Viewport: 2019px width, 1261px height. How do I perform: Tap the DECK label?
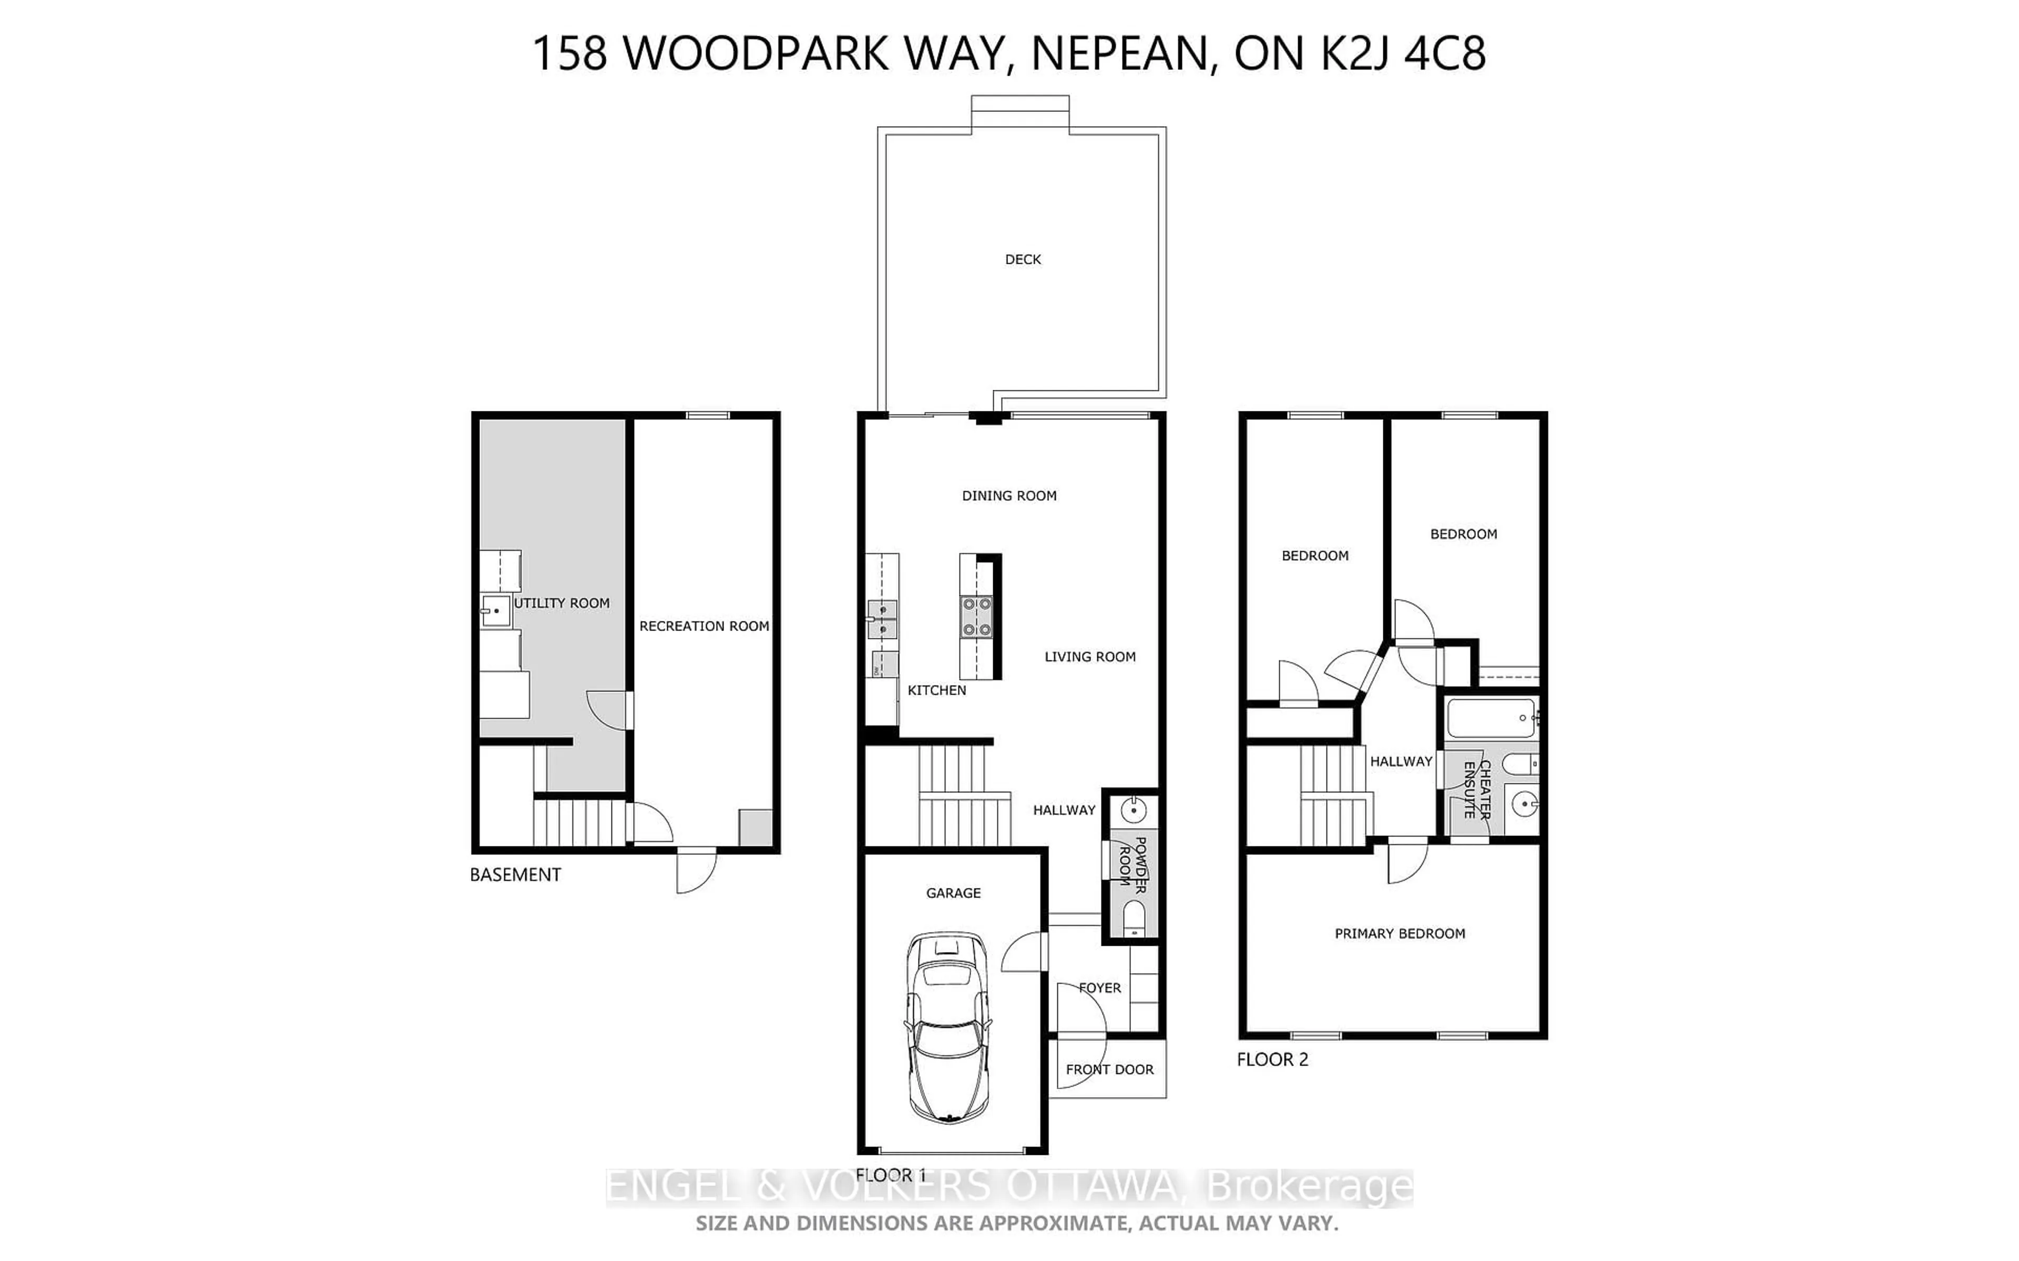coord(1023,260)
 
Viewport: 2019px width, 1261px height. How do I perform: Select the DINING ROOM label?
coord(1008,495)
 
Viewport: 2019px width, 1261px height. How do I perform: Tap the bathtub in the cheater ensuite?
coord(1491,717)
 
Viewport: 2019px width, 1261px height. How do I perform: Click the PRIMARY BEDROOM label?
coord(1399,933)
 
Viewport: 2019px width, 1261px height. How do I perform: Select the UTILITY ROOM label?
coord(562,603)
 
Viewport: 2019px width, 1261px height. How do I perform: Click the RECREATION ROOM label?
coord(703,625)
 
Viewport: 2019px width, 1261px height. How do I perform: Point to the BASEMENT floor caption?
coord(515,875)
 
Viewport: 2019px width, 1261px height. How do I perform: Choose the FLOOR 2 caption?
coord(1271,1059)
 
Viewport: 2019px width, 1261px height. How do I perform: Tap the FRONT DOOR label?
coord(1109,1069)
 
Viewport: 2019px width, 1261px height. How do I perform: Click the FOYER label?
coord(1099,987)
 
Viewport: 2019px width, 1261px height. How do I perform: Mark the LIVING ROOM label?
coord(1089,656)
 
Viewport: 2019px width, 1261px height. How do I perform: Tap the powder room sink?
coord(1132,809)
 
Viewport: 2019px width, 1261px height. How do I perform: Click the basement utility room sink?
coord(496,611)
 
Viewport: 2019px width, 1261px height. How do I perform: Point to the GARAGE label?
coord(953,892)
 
